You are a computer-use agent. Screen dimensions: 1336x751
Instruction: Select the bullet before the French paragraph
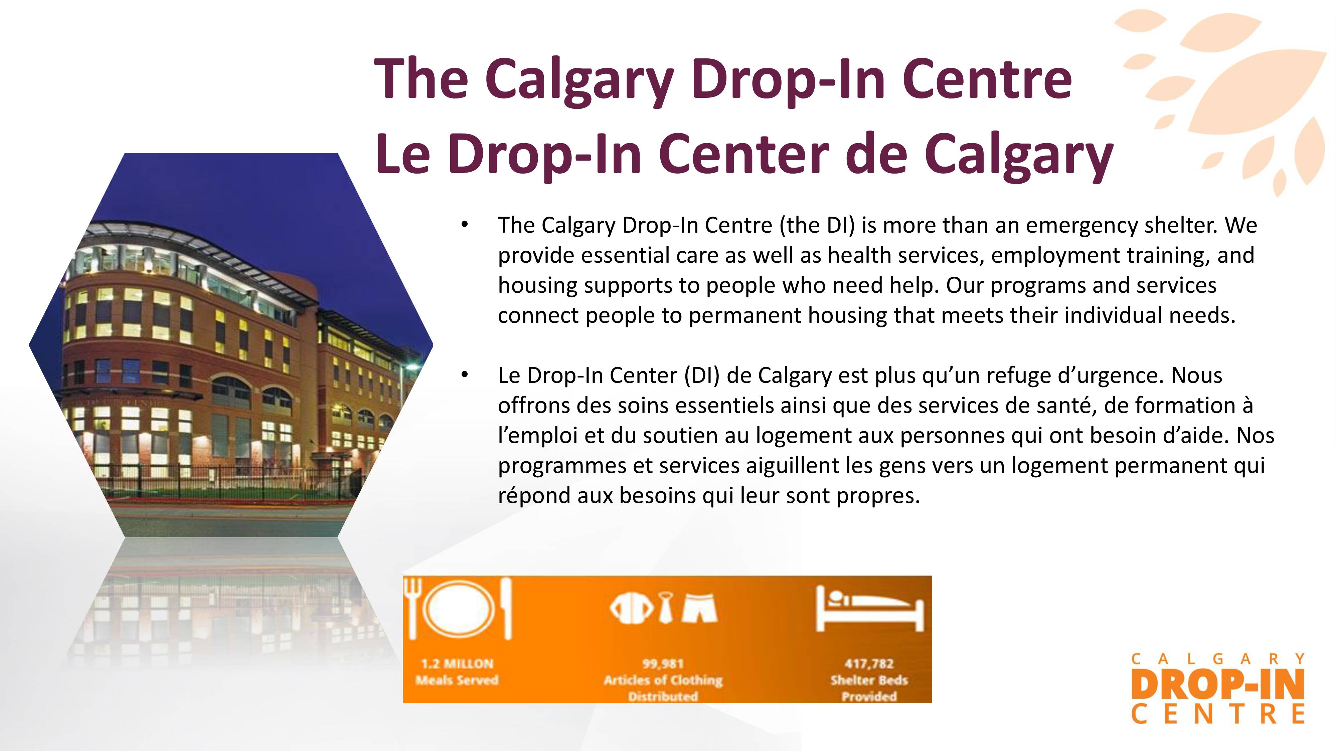click(x=465, y=374)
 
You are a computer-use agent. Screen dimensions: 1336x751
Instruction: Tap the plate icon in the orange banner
click(x=459, y=609)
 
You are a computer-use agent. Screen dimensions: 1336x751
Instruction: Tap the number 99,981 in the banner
click(x=663, y=664)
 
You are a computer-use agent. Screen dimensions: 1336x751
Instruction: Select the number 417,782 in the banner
click(x=869, y=664)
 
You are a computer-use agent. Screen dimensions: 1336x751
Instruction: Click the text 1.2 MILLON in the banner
click(x=457, y=664)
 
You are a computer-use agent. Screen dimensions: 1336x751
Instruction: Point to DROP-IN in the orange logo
click(x=1217, y=684)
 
